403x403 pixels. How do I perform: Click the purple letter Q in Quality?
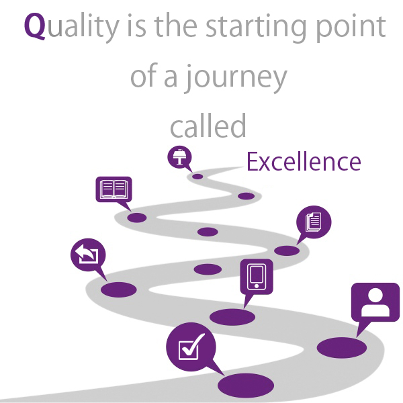click(35, 27)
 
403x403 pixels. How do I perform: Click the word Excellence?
click(304, 162)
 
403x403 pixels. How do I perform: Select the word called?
click(208, 125)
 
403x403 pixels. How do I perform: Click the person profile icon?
click(375, 303)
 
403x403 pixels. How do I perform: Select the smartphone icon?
click(257, 276)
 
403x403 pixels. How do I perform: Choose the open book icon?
click(114, 189)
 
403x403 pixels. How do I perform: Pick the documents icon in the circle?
click(314, 221)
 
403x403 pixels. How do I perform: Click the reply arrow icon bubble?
click(87, 256)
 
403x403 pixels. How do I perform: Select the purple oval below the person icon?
click(341, 347)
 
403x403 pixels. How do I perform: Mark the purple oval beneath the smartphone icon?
click(232, 316)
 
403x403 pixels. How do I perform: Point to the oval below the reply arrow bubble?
click(119, 289)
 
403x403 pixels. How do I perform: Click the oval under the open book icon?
click(137, 218)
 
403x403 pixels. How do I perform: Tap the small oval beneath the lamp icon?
click(197, 177)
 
